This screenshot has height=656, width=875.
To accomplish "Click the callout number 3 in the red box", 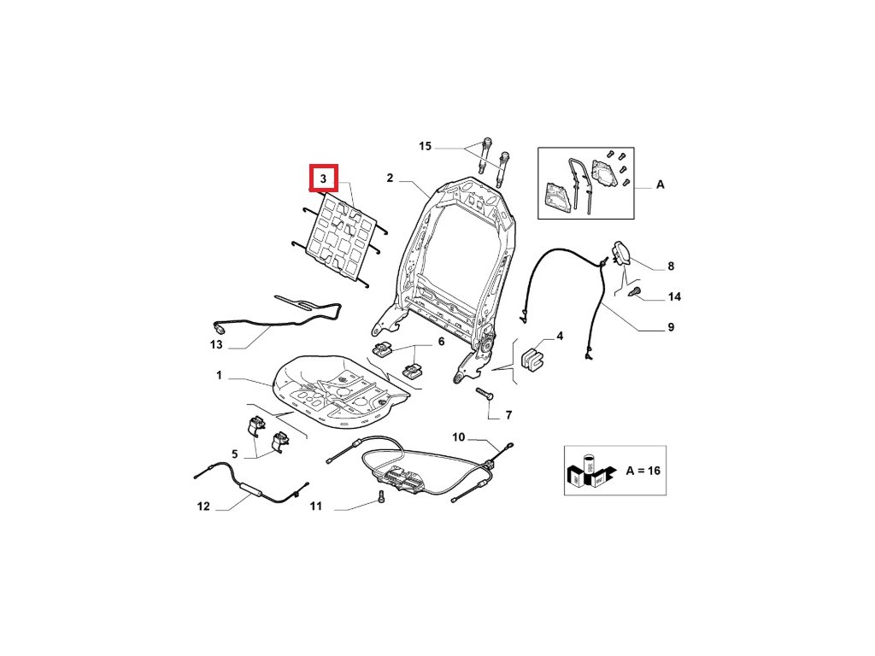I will click(324, 179).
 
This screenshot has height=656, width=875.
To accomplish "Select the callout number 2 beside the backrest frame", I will click(390, 179).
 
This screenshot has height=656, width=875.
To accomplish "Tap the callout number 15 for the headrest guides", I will click(426, 147).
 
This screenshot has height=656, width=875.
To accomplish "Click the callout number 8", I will click(671, 266).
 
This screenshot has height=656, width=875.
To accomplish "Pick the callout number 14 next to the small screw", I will click(674, 297).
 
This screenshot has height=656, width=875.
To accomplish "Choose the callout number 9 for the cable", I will click(671, 327).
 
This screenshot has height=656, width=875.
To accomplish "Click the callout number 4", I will click(560, 337).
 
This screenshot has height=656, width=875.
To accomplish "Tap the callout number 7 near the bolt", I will click(508, 416).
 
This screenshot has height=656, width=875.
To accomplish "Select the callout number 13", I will click(216, 345).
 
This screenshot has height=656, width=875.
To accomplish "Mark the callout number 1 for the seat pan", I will click(219, 376).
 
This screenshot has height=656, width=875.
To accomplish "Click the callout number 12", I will click(203, 507).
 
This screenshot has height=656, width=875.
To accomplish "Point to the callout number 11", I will click(315, 507).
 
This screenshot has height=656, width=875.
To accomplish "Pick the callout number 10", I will click(459, 437).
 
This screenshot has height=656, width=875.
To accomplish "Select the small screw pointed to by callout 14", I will click(635, 292).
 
